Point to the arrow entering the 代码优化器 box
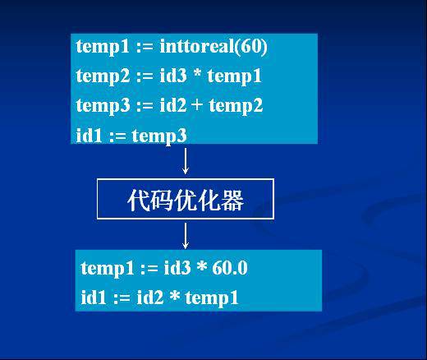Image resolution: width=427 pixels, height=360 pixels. pos(186,160)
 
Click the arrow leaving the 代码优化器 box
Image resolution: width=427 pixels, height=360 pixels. pos(186,235)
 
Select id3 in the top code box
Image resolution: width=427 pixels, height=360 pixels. pos(167,76)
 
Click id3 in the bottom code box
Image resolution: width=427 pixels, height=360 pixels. pos(171,269)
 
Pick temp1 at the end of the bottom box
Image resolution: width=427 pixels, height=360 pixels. pos(211,298)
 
